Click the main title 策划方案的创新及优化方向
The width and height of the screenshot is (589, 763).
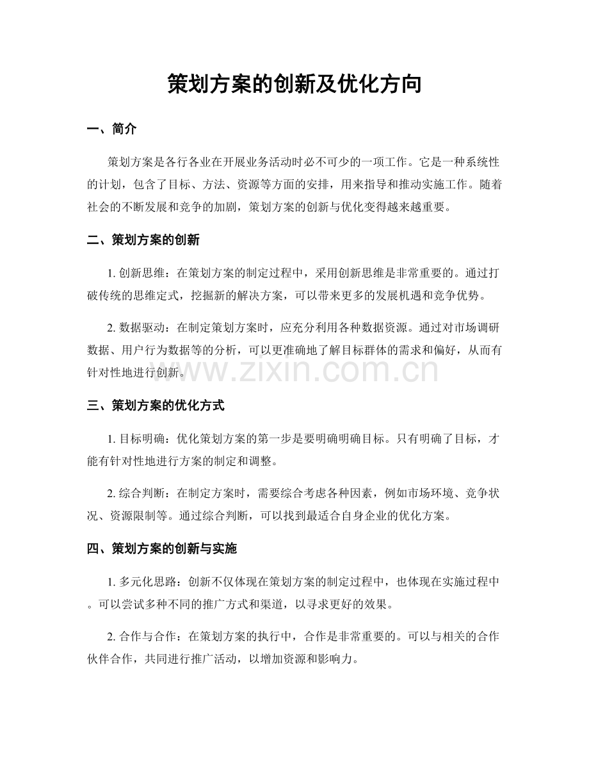tap(294, 84)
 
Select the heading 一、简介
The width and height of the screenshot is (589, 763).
tap(111, 129)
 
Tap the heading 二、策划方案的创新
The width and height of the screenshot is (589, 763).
tap(143, 241)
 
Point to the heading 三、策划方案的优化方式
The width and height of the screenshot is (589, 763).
tap(156, 406)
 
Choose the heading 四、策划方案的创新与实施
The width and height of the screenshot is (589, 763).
tap(162, 548)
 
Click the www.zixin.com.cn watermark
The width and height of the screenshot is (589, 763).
tap(294, 370)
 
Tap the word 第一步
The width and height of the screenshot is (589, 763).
tap(291, 438)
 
